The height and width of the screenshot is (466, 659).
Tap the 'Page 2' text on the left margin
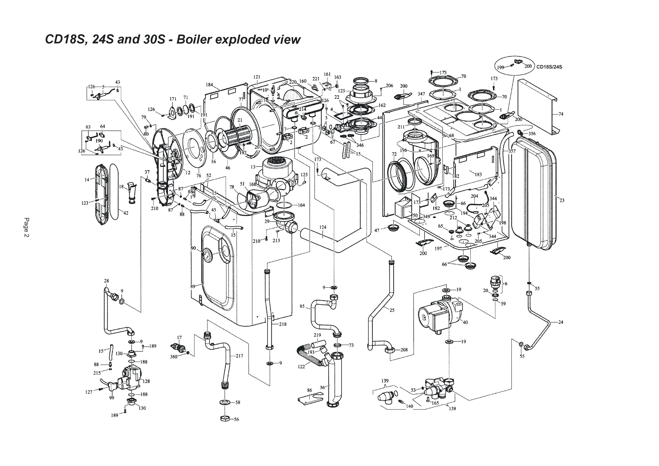point(26,227)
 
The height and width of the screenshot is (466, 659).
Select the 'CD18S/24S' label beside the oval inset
point(549,67)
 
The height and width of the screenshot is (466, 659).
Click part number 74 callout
point(561,114)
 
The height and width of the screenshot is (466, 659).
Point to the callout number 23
point(562,200)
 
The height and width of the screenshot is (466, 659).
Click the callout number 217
point(239,356)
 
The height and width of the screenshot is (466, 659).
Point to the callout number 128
point(146,381)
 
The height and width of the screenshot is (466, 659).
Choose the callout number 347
point(421,94)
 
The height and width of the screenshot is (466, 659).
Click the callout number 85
point(302,306)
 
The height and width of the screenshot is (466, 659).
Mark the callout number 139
point(385,381)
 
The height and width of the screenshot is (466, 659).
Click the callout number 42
point(126,213)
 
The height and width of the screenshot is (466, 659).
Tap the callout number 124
point(323,227)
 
